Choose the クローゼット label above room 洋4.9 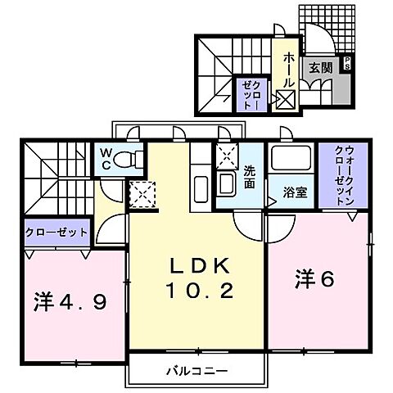[56, 233]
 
